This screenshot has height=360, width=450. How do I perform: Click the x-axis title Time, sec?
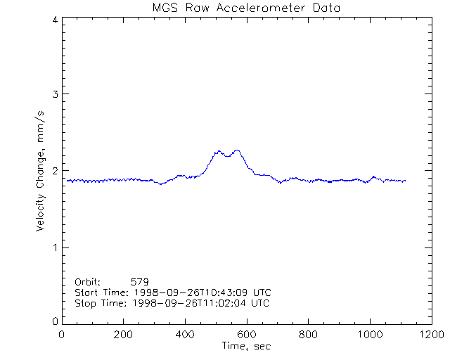coord(246,346)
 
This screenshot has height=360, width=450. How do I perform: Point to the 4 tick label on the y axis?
coord(55,20)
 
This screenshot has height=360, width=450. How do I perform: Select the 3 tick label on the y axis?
coord(55,94)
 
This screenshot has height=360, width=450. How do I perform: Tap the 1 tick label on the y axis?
coord(55,247)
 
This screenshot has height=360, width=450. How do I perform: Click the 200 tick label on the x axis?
coord(124,335)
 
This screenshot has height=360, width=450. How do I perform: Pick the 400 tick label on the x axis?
coord(185,335)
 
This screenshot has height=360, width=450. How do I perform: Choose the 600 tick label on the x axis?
coord(246,335)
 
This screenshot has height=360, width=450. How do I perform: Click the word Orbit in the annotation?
coord(88,281)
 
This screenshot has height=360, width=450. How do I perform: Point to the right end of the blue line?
coord(406,181)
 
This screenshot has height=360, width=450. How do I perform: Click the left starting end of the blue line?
coord(67,180)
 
